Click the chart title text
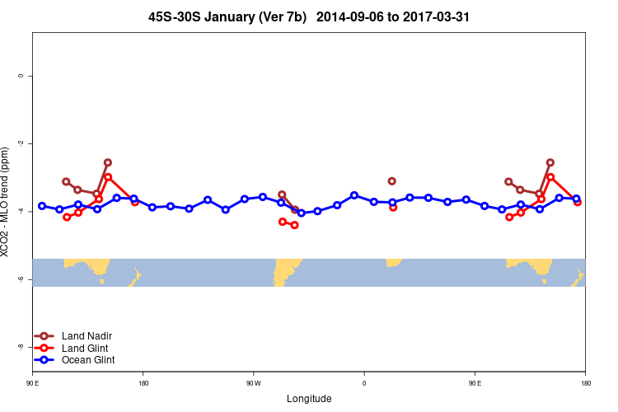pos(309,16)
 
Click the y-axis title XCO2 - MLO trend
pos(7,202)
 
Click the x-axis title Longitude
pos(309,399)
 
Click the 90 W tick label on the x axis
pos(253,383)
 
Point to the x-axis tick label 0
pos(363,383)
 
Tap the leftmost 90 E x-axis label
pos(32,383)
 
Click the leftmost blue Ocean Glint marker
pos(42,206)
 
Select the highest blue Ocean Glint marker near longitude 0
pos(354,195)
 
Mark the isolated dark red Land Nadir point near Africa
pos(392,181)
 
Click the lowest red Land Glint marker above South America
pos(295,225)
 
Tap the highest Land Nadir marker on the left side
pos(108,162)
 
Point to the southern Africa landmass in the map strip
pos(393,262)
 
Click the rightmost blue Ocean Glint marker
pos(576,199)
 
